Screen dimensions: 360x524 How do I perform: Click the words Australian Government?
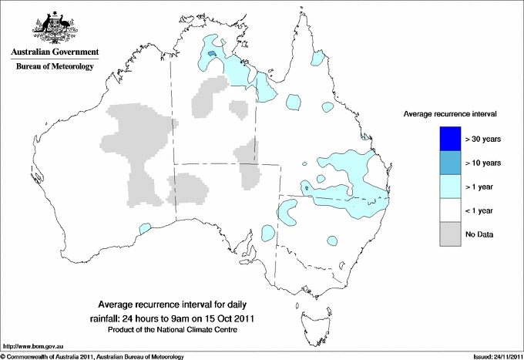pyautogui.click(x=54, y=52)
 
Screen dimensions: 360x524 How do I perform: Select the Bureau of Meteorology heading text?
pyautogui.click(x=54, y=66)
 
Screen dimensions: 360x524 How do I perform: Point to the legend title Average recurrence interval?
pyautogui.click(x=450, y=113)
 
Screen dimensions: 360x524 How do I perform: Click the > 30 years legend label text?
pyautogui.click(x=483, y=140)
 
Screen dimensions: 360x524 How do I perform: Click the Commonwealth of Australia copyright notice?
pyautogui.click(x=92, y=356)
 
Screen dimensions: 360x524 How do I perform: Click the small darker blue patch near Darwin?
pyautogui.click(x=209, y=54)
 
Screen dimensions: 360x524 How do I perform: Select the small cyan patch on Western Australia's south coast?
pyautogui.click(x=143, y=228)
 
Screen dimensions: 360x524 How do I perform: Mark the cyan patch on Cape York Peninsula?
pyautogui.click(x=317, y=57)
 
